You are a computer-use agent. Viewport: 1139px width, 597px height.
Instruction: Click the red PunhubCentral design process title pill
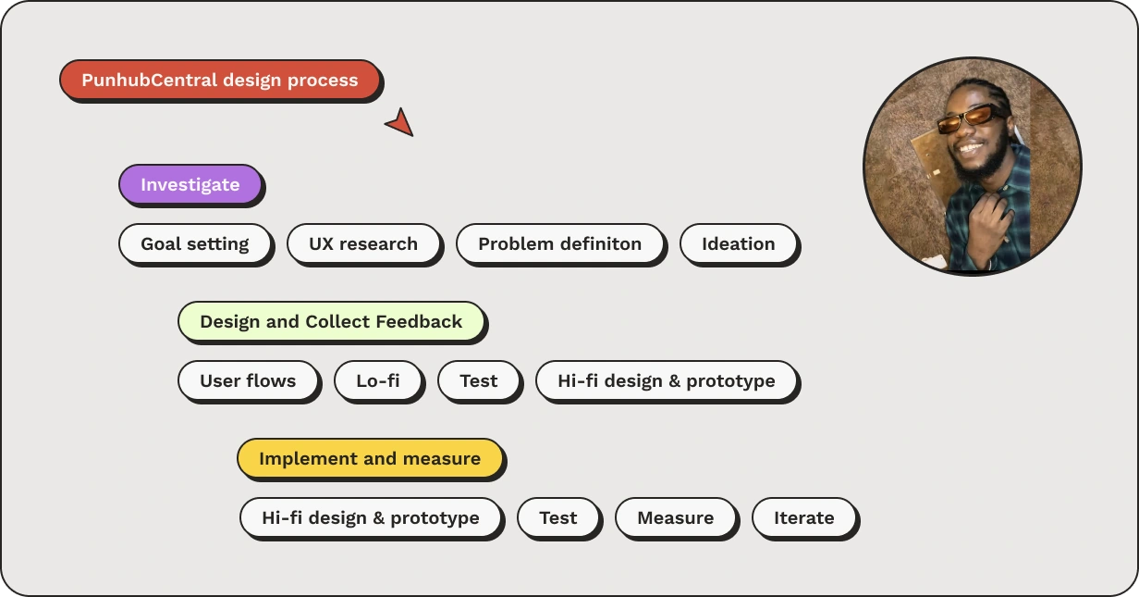(220, 80)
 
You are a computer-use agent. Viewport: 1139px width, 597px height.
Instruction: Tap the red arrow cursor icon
(401, 123)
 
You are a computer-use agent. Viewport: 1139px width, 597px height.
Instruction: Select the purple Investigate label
(190, 184)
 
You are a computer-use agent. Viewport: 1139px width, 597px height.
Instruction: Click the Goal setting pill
(195, 243)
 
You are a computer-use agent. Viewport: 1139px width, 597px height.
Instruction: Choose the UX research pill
(363, 243)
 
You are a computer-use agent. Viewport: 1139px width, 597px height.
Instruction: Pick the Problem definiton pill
(560, 243)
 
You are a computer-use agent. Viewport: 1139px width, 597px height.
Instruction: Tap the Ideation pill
(739, 243)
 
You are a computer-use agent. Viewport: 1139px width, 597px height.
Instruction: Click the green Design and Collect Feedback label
(331, 322)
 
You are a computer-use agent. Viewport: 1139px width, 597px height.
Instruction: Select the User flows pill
(248, 380)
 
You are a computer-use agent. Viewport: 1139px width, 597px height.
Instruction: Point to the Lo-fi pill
(378, 380)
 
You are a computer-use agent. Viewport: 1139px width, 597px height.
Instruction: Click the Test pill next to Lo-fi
(479, 380)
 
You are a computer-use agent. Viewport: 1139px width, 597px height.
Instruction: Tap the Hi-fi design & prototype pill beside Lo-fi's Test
(666, 380)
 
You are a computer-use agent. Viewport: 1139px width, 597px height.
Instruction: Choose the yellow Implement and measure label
(370, 458)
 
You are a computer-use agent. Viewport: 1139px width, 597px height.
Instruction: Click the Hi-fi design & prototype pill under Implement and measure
(371, 517)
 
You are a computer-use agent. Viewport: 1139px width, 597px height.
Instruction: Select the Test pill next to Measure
(558, 517)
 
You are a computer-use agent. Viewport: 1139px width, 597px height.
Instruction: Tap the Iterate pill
(804, 517)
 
